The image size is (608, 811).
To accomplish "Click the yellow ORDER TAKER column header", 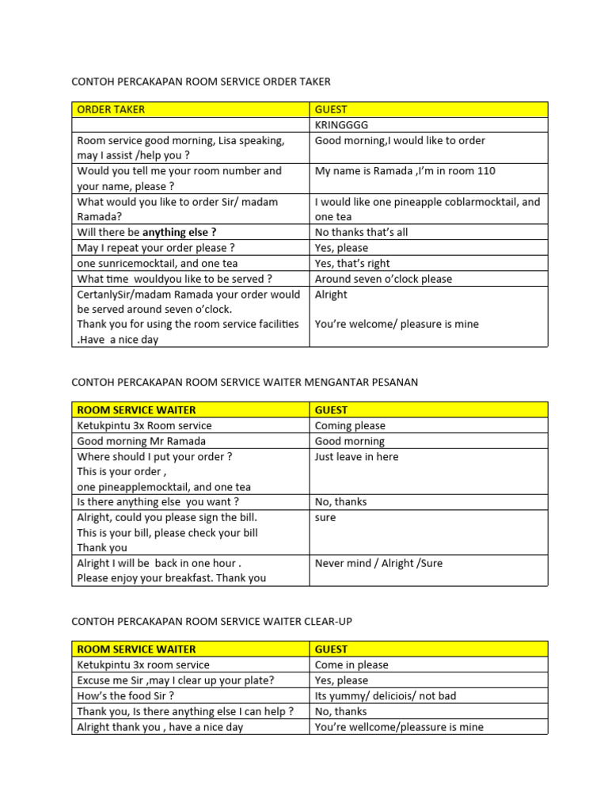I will [111, 109].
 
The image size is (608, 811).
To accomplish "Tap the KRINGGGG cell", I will [341, 125].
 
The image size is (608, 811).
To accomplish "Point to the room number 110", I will [485, 171].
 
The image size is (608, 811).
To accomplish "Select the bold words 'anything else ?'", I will [179, 232].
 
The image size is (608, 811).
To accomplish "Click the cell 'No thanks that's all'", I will [372, 232].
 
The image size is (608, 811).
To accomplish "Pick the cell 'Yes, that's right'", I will [352, 263].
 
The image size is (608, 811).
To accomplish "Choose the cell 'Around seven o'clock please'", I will [383, 279].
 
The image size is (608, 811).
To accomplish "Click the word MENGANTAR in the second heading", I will [310, 382].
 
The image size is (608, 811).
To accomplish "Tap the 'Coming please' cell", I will [350, 425].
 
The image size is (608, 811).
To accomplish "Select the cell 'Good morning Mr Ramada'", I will [141, 441].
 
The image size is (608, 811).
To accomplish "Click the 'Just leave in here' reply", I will [356, 456].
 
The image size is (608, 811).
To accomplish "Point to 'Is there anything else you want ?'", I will [158, 501].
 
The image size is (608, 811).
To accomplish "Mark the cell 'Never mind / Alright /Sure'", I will [378, 563].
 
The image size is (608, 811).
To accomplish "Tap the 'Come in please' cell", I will [351, 664].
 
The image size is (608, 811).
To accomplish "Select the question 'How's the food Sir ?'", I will [125, 695].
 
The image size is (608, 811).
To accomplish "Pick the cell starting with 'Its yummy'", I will [385, 695].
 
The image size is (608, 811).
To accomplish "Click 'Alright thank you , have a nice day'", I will [160, 726].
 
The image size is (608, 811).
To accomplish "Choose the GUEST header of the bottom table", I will [331, 649].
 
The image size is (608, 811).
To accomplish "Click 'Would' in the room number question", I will [93, 171].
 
